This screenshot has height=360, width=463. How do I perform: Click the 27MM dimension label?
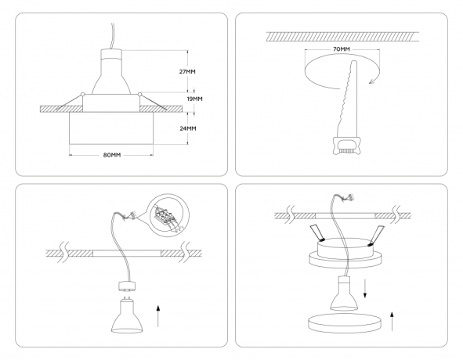[x=186, y=71]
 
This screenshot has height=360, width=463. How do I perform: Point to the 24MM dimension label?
[x=186, y=128]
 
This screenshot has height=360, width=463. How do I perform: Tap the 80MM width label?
[x=111, y=155]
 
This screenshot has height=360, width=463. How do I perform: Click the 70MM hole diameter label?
[x=341, y=49]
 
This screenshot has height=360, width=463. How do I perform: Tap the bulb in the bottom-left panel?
[x=127, y=316]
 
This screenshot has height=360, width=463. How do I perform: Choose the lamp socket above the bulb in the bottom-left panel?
[x=127, y=286]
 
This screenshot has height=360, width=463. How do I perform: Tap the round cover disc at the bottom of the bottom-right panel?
[x=342, y=323]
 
